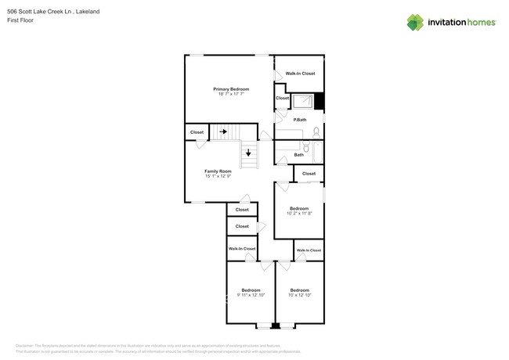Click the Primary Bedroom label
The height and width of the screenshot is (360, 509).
[231, 89]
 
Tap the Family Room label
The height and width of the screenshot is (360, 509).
[218, 171]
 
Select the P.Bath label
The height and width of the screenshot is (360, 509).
[299, 120]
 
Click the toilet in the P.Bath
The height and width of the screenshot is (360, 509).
[316, 131]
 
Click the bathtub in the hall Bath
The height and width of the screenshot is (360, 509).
[318, 151]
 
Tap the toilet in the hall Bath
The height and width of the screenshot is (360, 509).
[306, 147]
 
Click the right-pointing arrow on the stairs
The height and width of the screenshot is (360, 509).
[223, 131]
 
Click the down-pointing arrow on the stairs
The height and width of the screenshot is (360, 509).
[248, 153]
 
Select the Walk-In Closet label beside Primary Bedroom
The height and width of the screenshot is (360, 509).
[300, 74]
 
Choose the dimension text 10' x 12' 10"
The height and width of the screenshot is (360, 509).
[299, 295]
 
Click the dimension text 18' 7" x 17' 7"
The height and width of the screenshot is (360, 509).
[231, 94]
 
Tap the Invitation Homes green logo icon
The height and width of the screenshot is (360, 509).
[415, 22]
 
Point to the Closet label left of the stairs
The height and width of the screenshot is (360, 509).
[197, 132]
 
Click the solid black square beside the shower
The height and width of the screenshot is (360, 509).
[319, 101]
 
